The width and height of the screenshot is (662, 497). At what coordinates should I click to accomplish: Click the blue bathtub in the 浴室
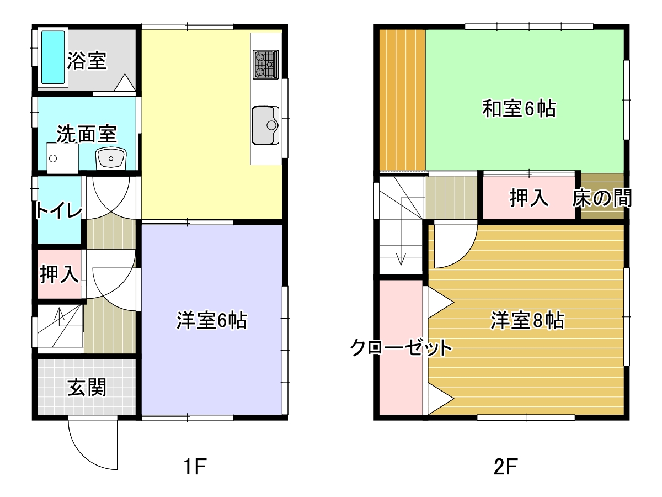pos(53,57)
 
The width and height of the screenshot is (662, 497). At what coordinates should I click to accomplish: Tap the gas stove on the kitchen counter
pos(266,65)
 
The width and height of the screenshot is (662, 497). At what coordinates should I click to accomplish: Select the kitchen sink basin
pos(265,125)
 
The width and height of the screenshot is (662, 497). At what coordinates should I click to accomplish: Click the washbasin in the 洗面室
pos(111,158)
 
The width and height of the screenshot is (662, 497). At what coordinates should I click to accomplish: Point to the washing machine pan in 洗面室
pos(62,158)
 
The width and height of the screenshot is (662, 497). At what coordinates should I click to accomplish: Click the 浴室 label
pos(87,61)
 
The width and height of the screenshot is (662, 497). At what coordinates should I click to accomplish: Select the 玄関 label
pos(87,388)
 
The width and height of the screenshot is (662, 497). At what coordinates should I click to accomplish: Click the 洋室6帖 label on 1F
pos(212,320)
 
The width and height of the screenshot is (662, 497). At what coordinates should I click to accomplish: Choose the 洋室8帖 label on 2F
pos(527,320)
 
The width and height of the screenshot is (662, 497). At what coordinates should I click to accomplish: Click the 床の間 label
pos(602,198)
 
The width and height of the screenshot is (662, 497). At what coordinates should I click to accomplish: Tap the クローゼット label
pos(401,348)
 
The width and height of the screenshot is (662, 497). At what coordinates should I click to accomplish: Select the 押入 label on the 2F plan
pos(529,198)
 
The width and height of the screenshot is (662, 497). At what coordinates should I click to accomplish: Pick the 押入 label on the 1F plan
pos(59,274)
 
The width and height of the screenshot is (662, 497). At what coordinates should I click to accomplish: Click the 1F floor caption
pos(195,467)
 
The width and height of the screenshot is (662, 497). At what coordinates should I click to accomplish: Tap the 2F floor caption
pos(506,467)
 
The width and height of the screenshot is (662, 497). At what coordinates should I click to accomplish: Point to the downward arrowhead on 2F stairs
pos(401,259)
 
